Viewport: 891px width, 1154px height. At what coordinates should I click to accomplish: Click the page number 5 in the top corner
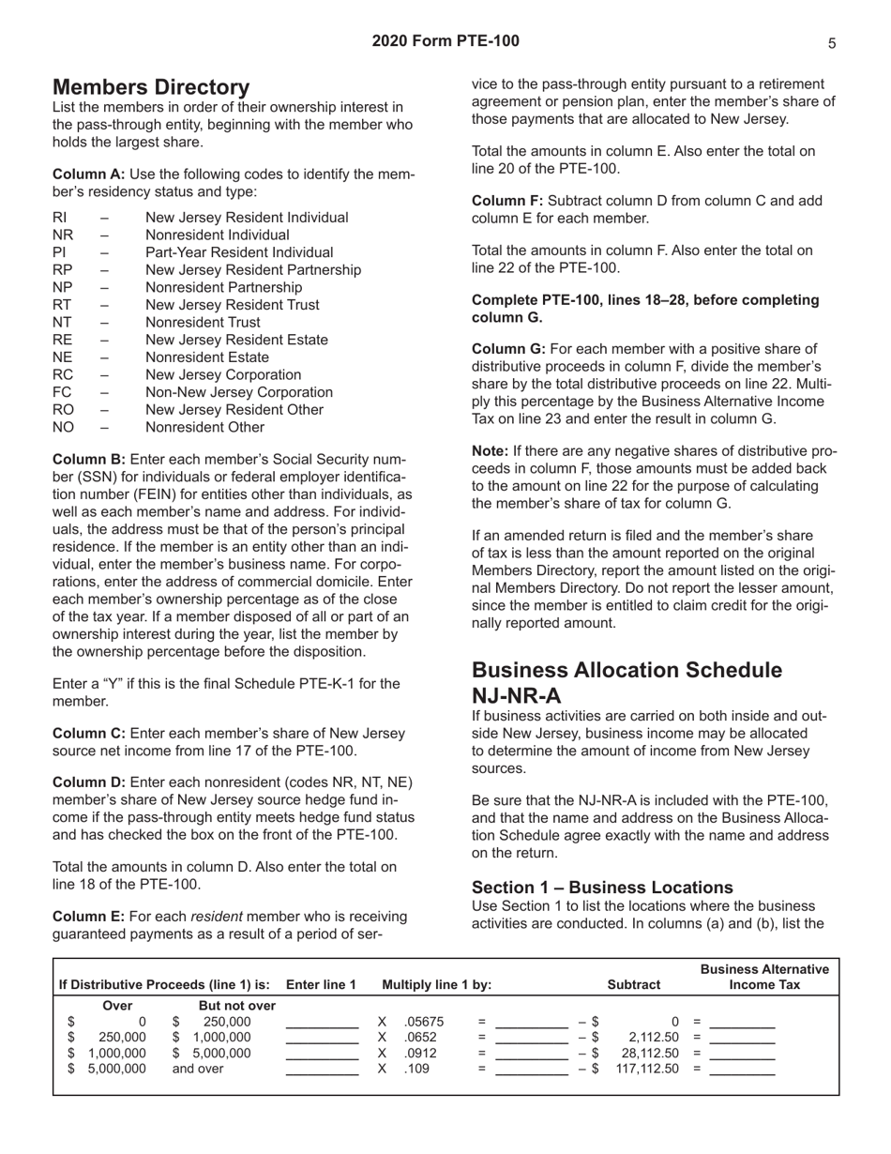point(832,42)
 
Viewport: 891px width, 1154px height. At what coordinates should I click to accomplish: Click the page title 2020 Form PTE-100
point(445,40)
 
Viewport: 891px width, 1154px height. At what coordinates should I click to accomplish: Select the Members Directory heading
point(151,87)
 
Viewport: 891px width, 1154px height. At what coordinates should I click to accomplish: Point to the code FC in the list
point(63,392)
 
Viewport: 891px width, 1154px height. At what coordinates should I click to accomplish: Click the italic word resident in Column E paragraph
point(218,917)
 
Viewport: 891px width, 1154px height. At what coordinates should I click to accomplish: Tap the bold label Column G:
point(508,349)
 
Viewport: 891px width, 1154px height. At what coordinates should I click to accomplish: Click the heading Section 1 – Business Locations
point(615,887)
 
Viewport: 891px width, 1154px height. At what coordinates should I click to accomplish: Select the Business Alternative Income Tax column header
point(764,978)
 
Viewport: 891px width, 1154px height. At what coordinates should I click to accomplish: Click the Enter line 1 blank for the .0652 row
point(322,1037)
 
